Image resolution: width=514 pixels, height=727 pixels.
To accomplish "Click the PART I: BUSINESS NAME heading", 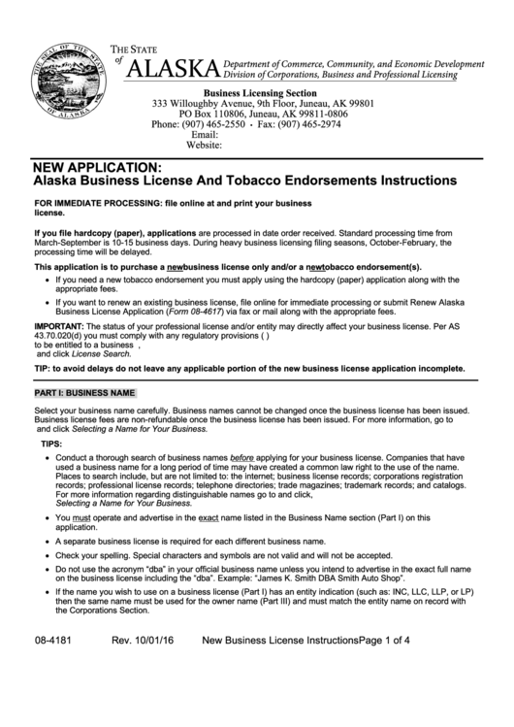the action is click(x=83, y=393).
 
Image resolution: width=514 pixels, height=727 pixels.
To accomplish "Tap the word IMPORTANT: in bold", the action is click(x=58, y=327).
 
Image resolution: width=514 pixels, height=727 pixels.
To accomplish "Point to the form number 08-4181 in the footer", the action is click(x=52, y=695).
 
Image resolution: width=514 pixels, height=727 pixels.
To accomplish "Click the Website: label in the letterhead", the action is click(x=204, y=147).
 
